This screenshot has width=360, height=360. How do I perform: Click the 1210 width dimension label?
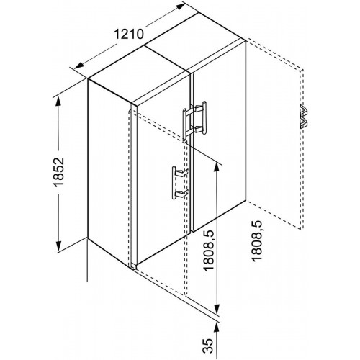click(x=129, y=34)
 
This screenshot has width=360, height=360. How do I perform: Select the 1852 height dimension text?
click(x=58, y=172)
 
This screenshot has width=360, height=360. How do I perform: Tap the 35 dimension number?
click(x=207, y=346)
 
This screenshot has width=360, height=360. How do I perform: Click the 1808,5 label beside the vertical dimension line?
click(x=207, y=251)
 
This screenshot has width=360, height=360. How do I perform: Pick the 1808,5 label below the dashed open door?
click(x=256, y=240)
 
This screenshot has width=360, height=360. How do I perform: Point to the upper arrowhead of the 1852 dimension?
click(x=58, y=102)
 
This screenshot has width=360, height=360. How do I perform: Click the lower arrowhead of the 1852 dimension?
click(x=58, y=247)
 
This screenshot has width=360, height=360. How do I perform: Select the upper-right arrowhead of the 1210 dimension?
click(x=179, y=7)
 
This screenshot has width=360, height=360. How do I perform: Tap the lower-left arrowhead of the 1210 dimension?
click(x=78, y=66)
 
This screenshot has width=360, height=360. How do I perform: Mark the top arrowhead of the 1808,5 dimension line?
click(x=217, y=168)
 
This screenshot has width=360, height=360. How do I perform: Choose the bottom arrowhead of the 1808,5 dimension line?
click(x=217, y=309)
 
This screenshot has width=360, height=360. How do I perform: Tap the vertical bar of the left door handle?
click(x=174, y=183)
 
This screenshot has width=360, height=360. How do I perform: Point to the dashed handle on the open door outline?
click(x=303, y=116)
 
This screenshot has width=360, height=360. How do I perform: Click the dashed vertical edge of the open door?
click(x=302, y=149)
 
